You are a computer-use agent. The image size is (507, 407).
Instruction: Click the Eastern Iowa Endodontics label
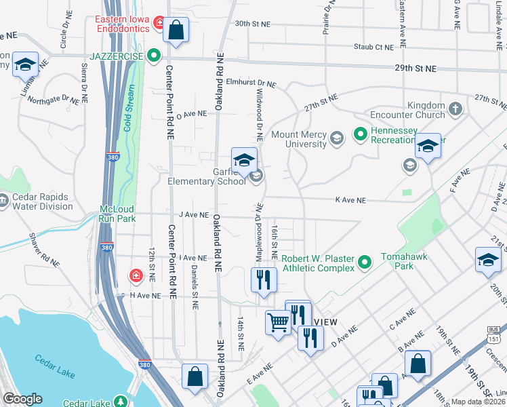point(124,25)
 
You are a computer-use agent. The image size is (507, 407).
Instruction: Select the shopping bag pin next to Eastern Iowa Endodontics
point(176,31)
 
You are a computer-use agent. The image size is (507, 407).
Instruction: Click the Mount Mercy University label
point(299,140)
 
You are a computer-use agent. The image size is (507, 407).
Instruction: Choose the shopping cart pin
point(278,322)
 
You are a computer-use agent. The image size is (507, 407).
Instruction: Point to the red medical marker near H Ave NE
point(136,275)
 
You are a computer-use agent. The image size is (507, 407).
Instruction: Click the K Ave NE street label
point(350,201)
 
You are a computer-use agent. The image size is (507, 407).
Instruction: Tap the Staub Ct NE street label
point(373,47)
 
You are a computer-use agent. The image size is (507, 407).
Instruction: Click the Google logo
point(22,399)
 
